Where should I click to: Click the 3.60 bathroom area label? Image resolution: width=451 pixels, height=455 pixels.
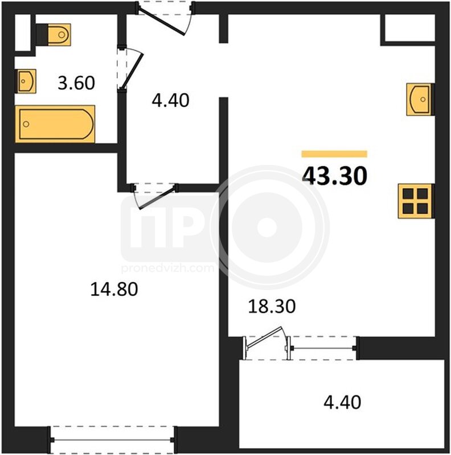pos(76,82)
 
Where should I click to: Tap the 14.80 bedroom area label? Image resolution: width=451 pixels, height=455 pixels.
pos(114,289)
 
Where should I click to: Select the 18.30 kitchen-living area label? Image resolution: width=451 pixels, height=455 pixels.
pos(272,307)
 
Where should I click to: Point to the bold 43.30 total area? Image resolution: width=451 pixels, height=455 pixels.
pos(335,176)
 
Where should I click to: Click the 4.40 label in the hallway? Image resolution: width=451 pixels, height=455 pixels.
pos(171,101)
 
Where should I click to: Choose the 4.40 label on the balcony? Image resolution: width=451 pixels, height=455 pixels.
pos(342,402)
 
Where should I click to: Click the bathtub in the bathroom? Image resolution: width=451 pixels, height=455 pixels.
pos(55,124)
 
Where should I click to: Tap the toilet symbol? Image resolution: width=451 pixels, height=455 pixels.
pos(54,35)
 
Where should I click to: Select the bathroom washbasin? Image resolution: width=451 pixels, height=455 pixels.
pos(26,81)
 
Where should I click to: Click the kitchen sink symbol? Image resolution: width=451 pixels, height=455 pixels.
pos(420,99)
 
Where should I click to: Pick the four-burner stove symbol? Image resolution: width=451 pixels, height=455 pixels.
pos(416,201)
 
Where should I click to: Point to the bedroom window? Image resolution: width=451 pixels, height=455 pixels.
pos(112,440)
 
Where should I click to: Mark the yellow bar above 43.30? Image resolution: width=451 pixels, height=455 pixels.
pos(334,154)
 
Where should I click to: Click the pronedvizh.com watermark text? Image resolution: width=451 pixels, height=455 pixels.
pos(167,268)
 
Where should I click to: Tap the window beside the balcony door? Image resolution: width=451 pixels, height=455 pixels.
pos(323,348)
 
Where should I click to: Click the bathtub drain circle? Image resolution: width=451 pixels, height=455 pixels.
pos(26,124)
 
